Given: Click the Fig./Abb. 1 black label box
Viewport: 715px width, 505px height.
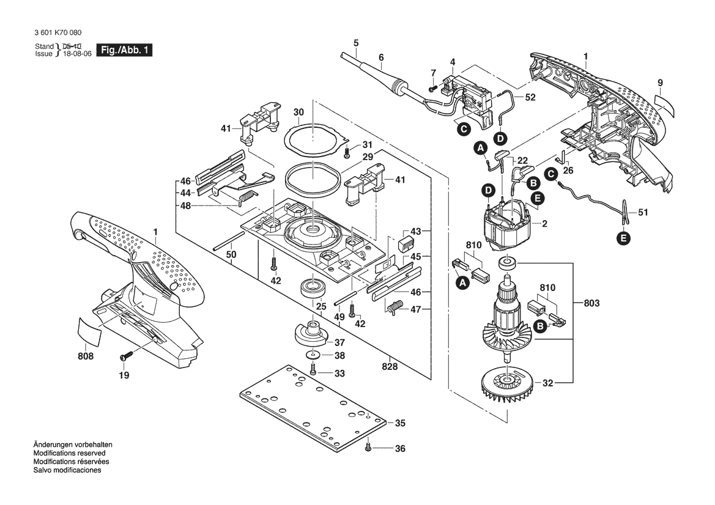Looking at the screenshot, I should [123, 50].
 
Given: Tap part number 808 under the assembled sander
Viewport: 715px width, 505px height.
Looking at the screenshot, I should [86, 356].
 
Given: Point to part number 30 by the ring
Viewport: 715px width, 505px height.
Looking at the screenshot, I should [298, 112].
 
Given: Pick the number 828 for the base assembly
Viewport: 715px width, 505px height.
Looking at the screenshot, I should [390, 367].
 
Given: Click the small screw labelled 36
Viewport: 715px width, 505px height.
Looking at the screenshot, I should [368, 448].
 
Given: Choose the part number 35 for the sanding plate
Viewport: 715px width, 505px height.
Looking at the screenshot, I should [400, 422].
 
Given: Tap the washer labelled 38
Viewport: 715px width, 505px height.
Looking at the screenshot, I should [313, 355].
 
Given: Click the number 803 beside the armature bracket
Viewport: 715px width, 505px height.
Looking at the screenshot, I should [591, 303].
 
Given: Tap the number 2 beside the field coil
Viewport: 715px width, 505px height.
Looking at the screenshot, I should [544, 224].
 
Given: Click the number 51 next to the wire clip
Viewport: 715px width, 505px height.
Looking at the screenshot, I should [642, 213].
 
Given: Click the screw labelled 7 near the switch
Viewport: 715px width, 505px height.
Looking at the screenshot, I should [432, 87].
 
